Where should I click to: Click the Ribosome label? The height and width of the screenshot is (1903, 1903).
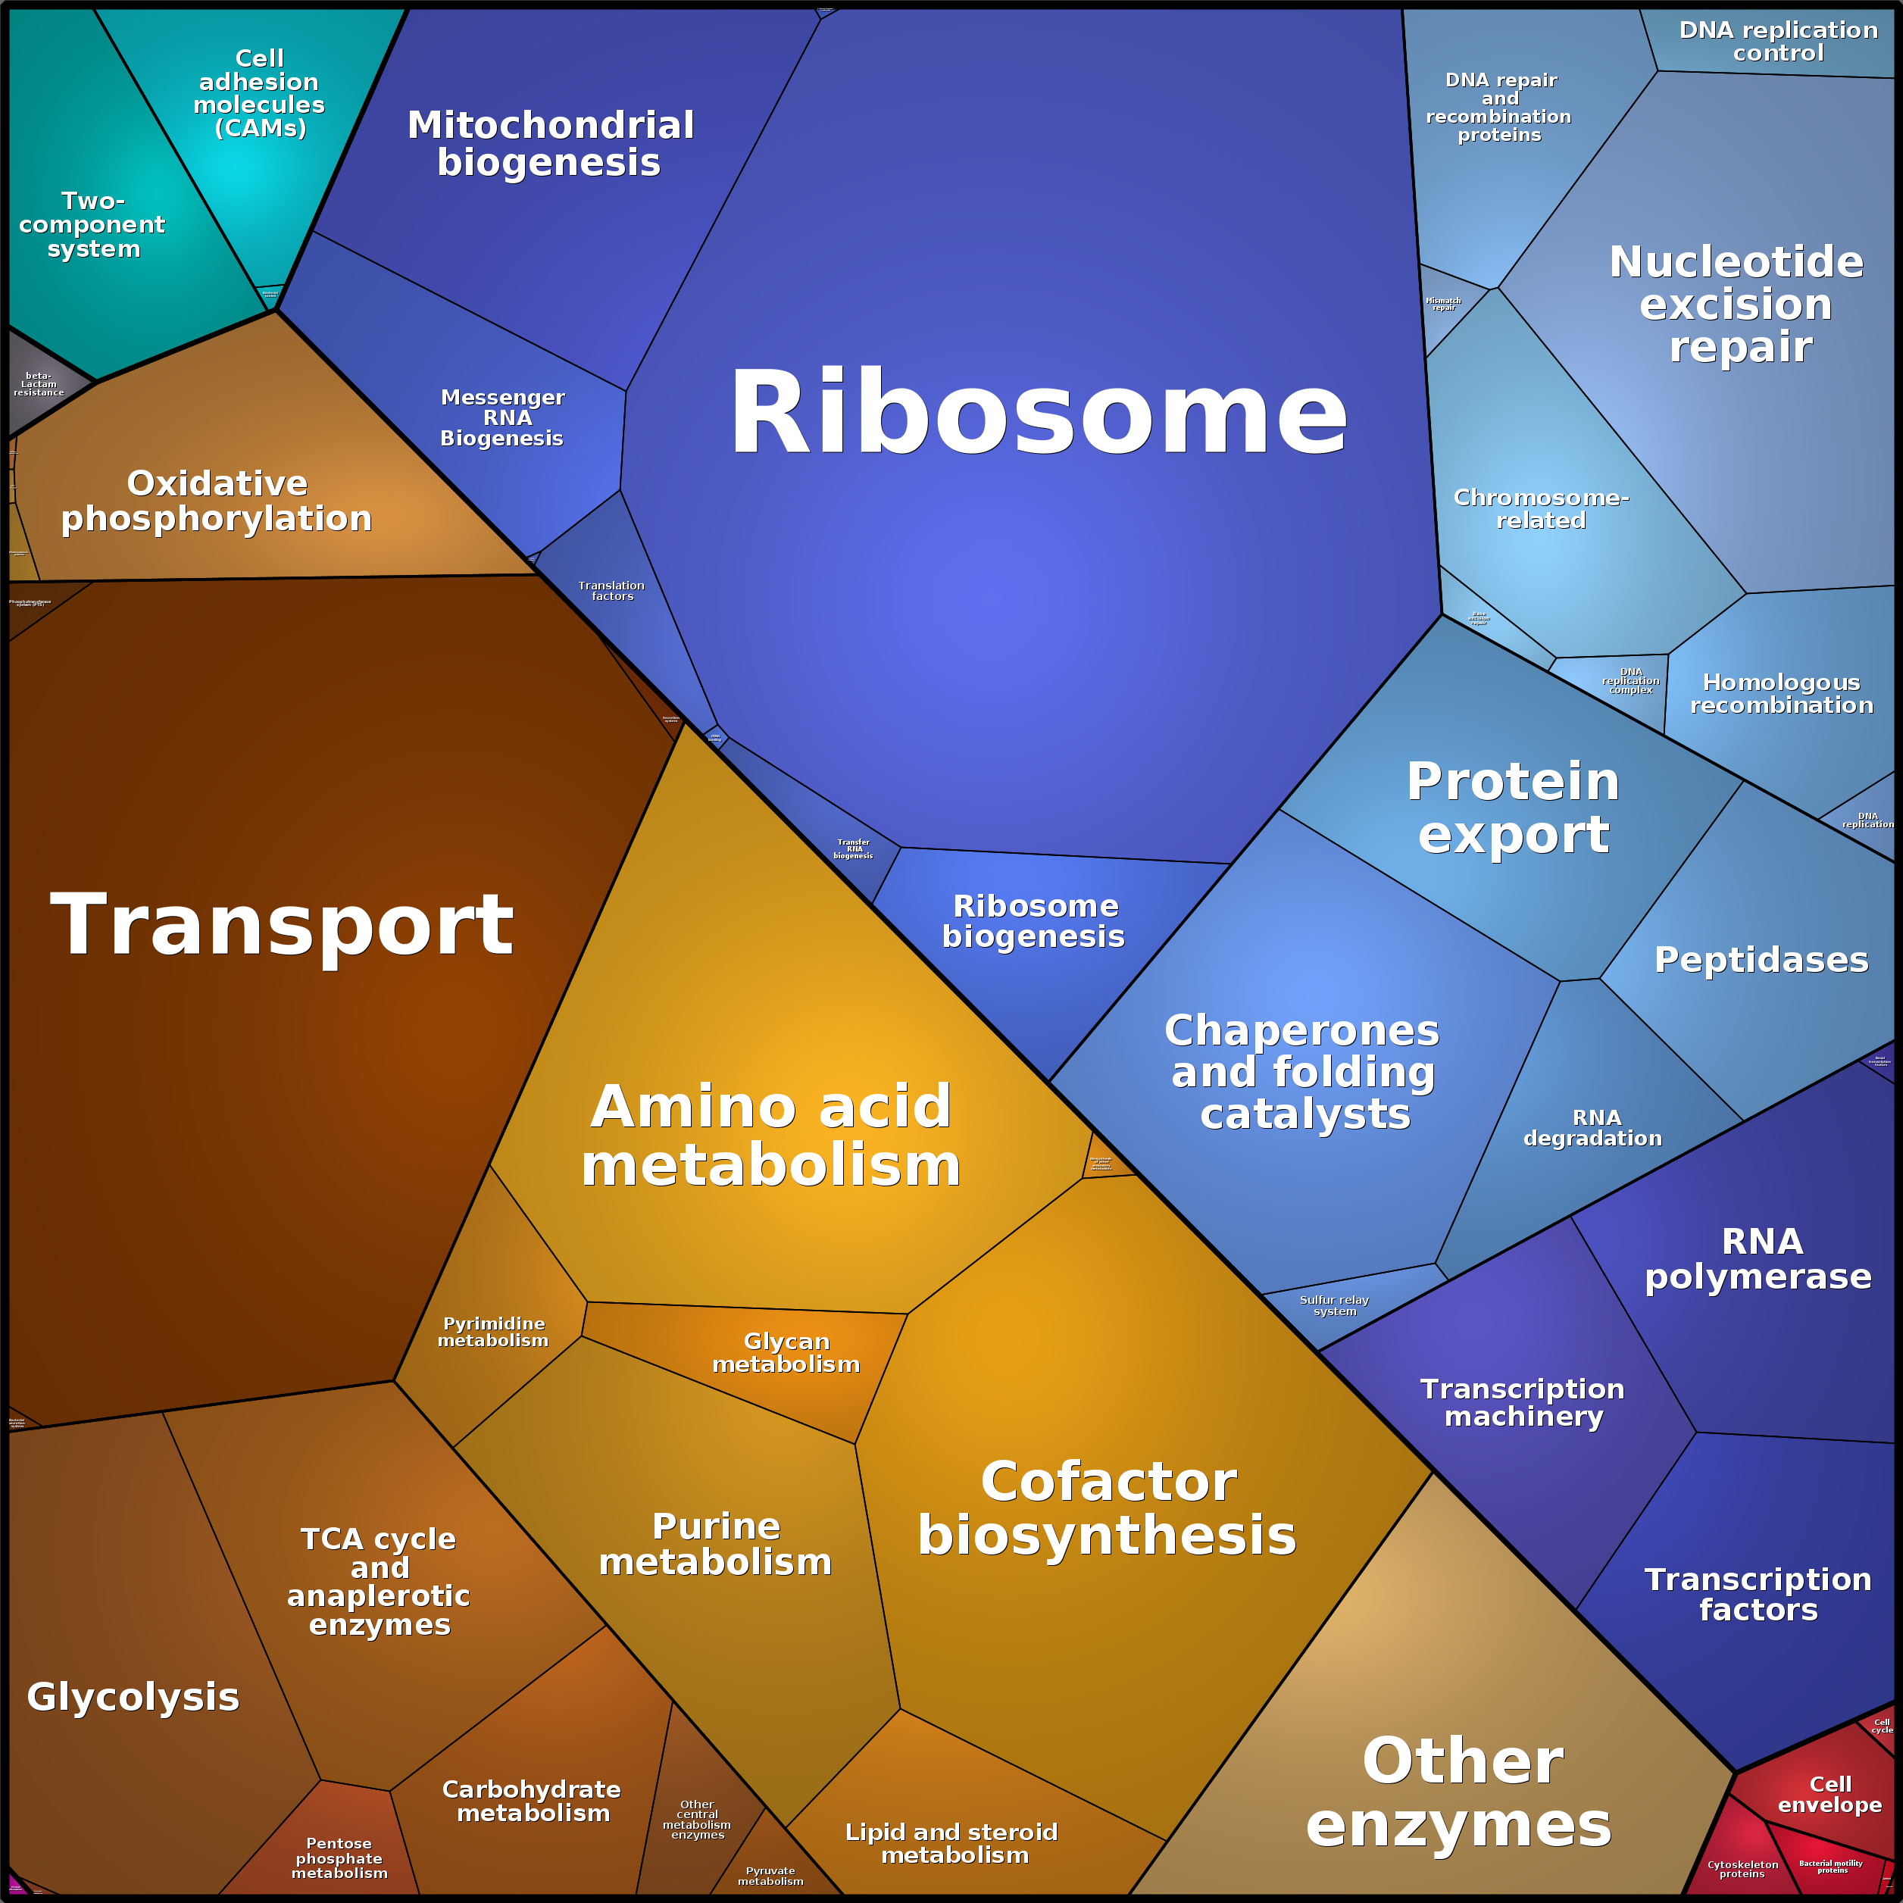pyautogui.click(x=1037, y=414)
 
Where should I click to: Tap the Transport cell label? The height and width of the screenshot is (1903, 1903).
pyautogui.click(x=282, y=924)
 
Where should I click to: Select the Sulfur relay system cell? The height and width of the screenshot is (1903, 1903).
pyautogui.click(x=1335, y=1305)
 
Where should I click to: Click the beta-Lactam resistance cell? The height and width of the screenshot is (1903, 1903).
pyautogui.click(x=39, y=384)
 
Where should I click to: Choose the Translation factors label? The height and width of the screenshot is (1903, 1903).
pyautogui.click(x=611, y=591)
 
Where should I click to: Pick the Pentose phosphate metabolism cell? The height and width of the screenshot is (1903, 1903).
pyautogui.click(x=339, y=1858)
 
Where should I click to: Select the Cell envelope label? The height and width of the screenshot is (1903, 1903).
pyautogui.click(x=1830, y=1794)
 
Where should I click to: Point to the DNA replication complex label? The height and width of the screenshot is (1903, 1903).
pyautogui.click(x=1630, y=680)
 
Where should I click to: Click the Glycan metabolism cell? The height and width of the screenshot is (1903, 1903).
pyautogui.click(x=786, y=1352)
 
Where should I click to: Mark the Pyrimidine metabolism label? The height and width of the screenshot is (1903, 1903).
pyautogui.click(x=493, y=1332)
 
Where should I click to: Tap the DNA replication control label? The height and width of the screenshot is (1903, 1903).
pyautogui.click(x=1778, y=42)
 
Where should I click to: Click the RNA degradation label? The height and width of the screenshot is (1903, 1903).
pyautogui.click(x=1592, y=1128)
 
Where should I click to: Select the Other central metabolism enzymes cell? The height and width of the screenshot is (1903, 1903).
pyautogui.click(x=698, y=1819)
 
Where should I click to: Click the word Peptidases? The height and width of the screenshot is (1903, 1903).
pyautogui.click(x=1761, y=959)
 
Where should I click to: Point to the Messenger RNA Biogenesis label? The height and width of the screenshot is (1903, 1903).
pyautogui.click(x=502, y=417)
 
